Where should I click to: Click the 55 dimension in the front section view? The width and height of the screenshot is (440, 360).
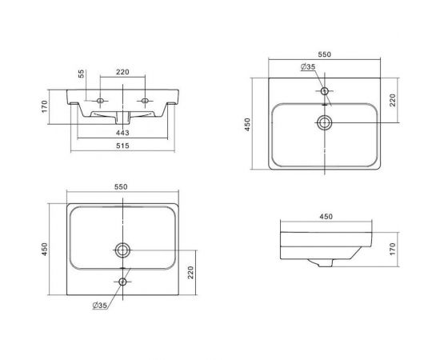pos(81,74)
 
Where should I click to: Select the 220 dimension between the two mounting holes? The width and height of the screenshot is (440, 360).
pos(122,72)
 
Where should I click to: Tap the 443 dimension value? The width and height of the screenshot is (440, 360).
pos(122,133)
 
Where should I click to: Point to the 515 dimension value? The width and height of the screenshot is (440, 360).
pos(122,146)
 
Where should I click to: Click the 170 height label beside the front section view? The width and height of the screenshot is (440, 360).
pos(45,106)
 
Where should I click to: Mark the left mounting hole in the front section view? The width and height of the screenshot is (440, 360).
pos(100,101)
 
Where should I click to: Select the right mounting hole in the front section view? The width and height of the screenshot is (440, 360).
pos(145,101)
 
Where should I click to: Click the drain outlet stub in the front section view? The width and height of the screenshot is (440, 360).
pos(122,118)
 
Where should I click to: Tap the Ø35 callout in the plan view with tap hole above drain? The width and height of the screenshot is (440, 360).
pos(308,66)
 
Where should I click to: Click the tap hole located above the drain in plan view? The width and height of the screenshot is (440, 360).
pos(325,91)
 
